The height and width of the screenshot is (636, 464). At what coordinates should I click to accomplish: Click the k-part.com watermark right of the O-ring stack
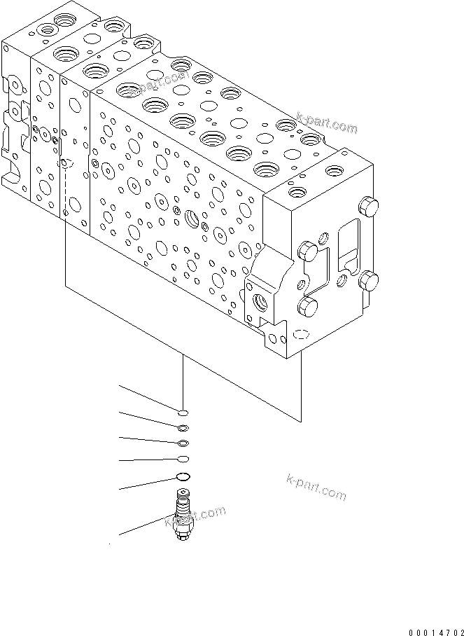316,488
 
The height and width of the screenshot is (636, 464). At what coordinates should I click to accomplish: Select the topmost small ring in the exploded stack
182,413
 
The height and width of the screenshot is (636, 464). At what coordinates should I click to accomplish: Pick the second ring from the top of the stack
183,428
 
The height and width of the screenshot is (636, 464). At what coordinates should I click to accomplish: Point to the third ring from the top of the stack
183,443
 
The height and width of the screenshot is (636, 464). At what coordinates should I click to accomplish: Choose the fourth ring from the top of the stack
183,459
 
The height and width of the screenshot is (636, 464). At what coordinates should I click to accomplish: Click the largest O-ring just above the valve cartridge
183,477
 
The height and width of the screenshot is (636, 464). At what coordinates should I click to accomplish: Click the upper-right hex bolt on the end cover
367,207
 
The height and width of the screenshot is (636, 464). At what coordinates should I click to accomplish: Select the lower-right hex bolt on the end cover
368,283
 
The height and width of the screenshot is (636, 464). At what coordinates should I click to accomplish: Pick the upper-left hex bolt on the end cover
309,250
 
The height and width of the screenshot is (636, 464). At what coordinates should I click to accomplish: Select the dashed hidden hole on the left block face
66,164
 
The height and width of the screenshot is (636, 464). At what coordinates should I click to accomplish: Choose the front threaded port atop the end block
297,191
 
